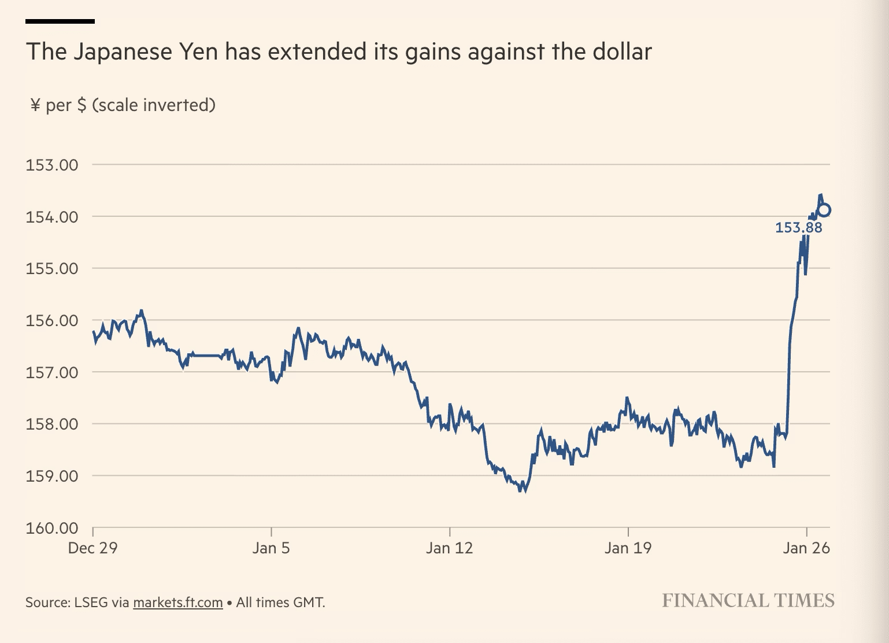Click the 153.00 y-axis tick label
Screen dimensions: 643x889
pyautogui.click(x=51, y=165)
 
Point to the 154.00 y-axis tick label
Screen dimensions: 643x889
pyautogui.click(x=51, y=217)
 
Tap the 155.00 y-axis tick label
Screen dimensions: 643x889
pyautogui.click(x=51, y=268)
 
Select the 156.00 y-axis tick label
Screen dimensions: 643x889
pyautogui.click(x=51, y=320)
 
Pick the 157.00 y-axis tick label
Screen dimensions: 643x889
pyautogui.click(x=51, y=372)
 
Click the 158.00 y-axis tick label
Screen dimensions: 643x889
pyautogui.click(x=51, y=424)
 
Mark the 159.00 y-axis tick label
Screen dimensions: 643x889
pyautogui.click(x=51, y=476)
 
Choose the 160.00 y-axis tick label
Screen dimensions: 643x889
pyautogui.click(x=51, y=527)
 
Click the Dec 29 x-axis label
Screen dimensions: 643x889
pyautogui.click(x=92, y=548)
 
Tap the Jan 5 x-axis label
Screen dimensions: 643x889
pyautogui.click(x=271, y=548)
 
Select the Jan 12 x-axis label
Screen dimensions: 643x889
pyautogui.click(x=449, y=548)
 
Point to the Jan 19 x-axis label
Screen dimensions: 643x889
pyautogui.click(x=628, y=548)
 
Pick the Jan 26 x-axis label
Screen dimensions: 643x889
pyautogui.click(x=806, y=548)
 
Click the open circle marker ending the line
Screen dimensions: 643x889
pyautogui.click(x=824, y=210)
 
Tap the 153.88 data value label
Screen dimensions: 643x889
pyautogui.click(x=798, y=228)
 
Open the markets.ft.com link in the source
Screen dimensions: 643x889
pyautogui.click(x=177, y=603)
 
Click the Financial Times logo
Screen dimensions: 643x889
pyautogui.click(x=748, y=600)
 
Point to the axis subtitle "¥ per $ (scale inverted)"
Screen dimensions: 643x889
pyautogui.click(x=123, y=105)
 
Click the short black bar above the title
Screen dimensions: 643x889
pyautogui.click(x=60, y=21)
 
